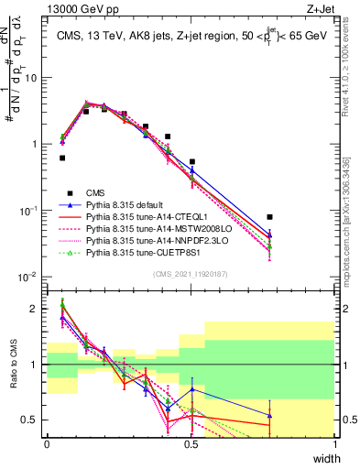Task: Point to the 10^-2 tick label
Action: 28,277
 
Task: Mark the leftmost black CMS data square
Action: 62,158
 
